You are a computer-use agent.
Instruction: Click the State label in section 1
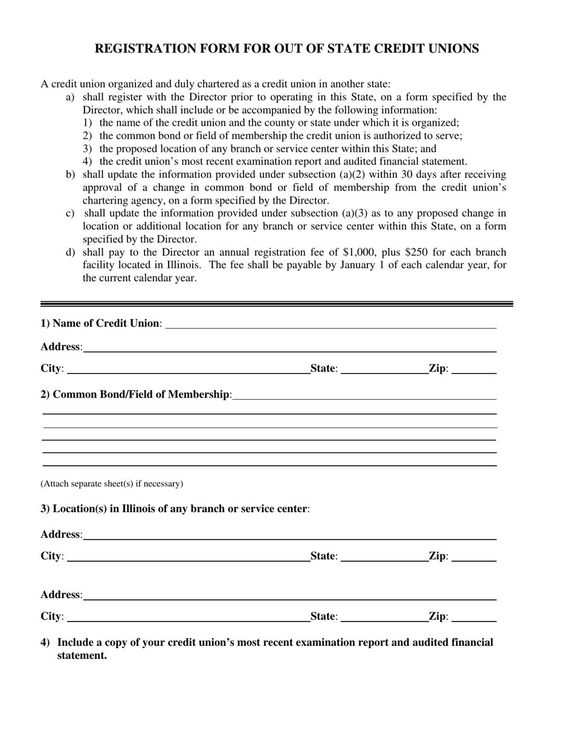click(323, 368)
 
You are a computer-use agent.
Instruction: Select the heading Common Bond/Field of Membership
click(135, 394)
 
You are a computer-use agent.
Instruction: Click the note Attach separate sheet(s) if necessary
click(112, 484)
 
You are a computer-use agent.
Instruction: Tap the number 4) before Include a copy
click(45, 643)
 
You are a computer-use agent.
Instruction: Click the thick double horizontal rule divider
click(276, 304)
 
